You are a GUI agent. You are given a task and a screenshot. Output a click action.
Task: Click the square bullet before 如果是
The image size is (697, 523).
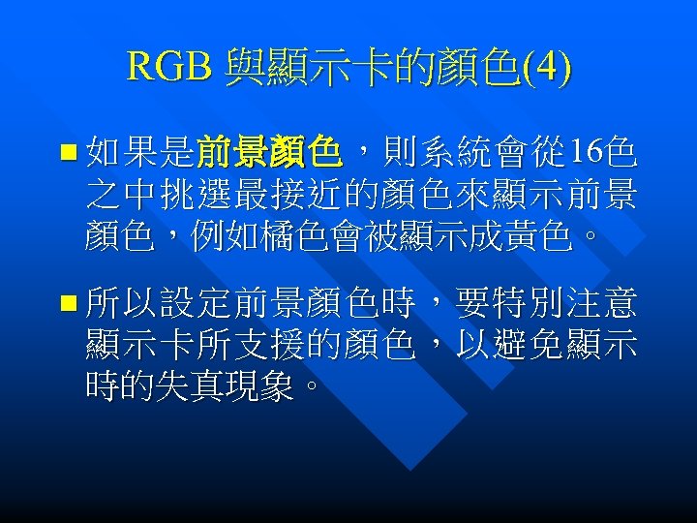coord(66,153)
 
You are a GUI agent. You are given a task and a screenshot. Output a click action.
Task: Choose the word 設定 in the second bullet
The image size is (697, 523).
coord(197,308)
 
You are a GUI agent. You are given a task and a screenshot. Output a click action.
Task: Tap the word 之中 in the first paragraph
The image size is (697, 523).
coord(123,195)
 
